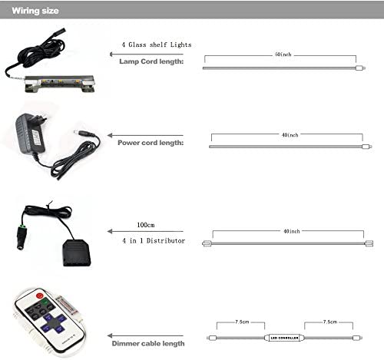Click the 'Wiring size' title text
coord(35,11)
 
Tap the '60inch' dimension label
coord(283,54)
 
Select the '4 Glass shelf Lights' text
coord(157,45)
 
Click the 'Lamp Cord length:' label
coord(151,61)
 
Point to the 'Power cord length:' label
coord(151,143)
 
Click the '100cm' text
coord(146,225)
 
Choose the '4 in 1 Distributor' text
coord(154,241)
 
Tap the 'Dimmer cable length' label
coord(148,343)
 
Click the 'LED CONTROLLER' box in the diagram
coord(284,338)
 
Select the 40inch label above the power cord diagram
coord(290,135)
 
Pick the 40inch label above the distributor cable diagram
coord(292,231)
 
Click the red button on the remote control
coord(40,296)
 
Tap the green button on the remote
coord(45,302)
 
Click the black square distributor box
coord(77,253)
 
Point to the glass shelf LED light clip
coord(60,83)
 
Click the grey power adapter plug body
coord(30,134)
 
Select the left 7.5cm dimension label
coord(242,322)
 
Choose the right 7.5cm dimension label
coord(330,322)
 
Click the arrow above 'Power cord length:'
coord(145,135)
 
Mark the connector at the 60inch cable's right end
coord(360,68)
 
